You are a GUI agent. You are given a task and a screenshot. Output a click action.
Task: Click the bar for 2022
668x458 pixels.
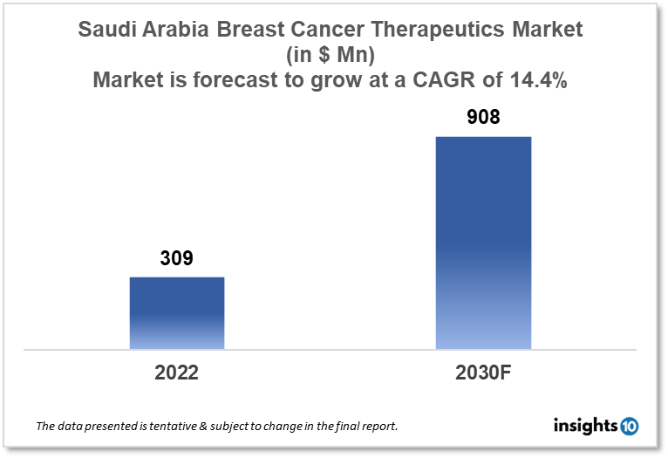click(177, 313)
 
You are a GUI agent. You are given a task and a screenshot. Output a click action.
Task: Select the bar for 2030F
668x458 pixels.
click(483, 243)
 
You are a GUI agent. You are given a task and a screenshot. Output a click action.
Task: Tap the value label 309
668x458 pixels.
click(176, 259)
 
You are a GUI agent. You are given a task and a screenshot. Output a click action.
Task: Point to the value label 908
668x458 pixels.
click(483, 116)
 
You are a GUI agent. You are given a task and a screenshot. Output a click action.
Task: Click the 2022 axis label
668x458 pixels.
click(177, 373)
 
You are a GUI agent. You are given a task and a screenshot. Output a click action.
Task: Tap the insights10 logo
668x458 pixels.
click(596, 426)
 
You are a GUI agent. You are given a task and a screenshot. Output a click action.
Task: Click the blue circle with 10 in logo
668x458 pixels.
click(629, 426)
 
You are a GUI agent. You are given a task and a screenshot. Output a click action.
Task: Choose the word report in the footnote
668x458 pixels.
click(378, 427)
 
